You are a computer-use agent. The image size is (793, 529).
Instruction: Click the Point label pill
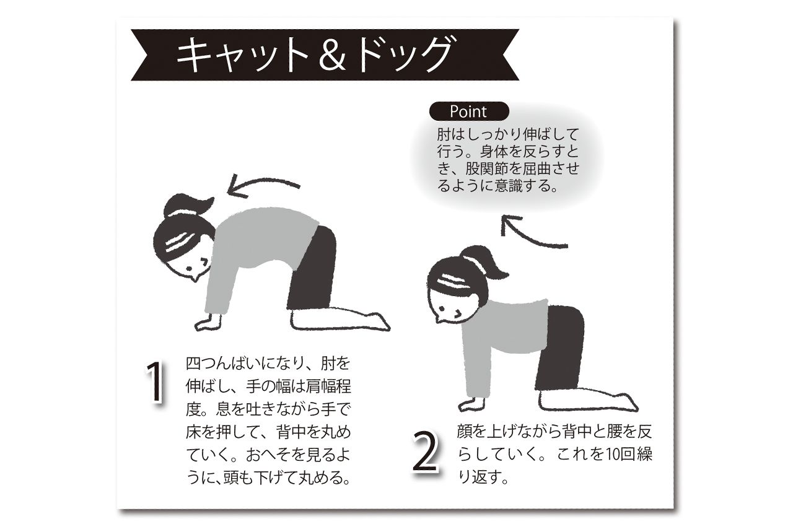click(x=469, y=111)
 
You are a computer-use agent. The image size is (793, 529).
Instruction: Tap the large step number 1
click(x=155, y=382)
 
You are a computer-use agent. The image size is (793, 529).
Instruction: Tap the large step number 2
click(x=426, y=452)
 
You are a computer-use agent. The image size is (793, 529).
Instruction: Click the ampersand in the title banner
click(x=333, y=55)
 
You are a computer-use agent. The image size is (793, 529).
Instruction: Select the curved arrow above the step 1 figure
click(x=263, y=183)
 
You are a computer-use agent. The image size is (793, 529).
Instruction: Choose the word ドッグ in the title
click(x=405, y=55)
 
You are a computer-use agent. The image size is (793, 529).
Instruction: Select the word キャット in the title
click(x=243, y=55)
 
